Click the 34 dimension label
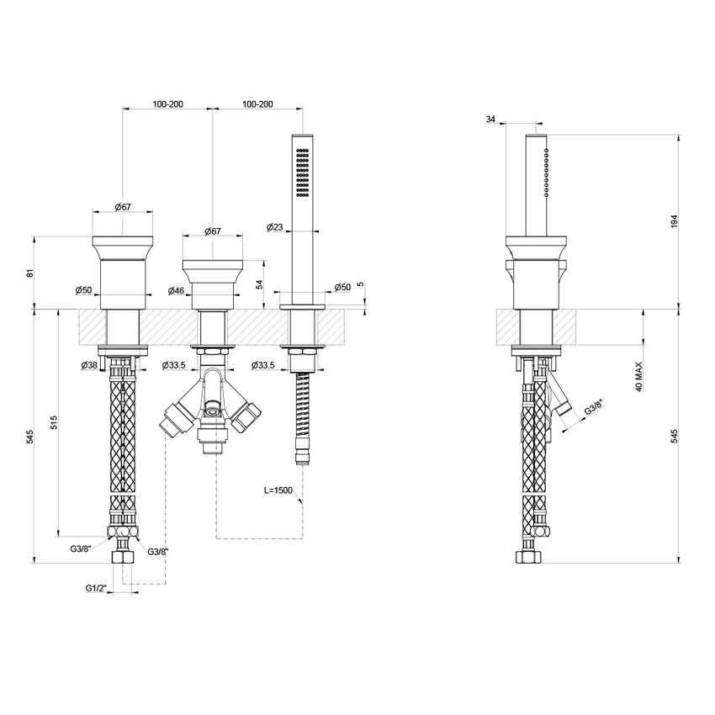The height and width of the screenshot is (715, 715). pos(490,119)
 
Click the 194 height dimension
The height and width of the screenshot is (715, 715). pos(675,221)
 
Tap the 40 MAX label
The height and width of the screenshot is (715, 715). pos(638,377)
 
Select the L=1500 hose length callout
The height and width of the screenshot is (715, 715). pos(278,490)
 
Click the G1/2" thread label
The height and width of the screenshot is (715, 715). pos(96,588)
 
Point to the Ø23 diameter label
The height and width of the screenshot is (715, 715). pos(274,226)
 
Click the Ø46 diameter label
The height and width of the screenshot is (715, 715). pos(176,290)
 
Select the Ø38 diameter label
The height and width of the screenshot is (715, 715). pos(89,365)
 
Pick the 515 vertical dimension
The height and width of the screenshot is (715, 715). pos(55,423)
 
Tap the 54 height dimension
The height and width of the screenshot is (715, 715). pos(259,284)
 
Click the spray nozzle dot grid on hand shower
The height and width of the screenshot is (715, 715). pos(303,172)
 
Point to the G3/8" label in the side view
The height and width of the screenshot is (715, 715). pos(594,408)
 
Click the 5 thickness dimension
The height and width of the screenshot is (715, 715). pos(361,284)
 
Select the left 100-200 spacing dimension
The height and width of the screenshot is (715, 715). pos(167,104)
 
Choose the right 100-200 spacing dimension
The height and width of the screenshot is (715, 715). pos(257,104)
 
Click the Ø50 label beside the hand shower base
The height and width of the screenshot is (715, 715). pos(342,287)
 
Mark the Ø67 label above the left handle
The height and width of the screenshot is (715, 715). pos(123,207)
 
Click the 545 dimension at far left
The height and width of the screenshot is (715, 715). pos(29,437)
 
